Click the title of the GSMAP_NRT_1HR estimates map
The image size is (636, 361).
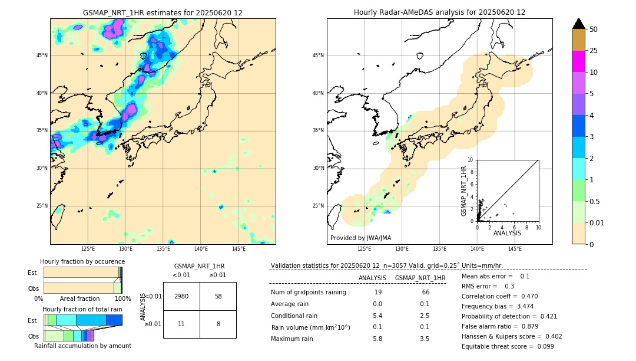(x=163, y=12)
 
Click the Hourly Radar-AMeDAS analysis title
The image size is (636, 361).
(x=439, y=12)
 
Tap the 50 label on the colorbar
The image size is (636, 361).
(x=594, y=29)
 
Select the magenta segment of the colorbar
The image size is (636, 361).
(x=578, y=61)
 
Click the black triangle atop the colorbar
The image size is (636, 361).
(x=578, y=24)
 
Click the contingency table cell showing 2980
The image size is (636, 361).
(x=181, y=296)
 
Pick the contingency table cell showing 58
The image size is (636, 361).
(x=218, y=296)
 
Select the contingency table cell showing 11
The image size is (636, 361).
(x=181, y=324)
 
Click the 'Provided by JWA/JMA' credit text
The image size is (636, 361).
(x=360, y=238)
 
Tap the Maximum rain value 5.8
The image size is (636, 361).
(x=377, y=339)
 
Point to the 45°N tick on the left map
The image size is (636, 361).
(x=42, y=55)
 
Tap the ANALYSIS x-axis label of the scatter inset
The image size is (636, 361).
(x=507, y=233)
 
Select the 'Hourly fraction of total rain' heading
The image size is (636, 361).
(x=82, y=309)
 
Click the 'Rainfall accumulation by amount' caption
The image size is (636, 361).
(x=82, y=346)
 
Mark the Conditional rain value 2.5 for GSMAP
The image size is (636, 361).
(x=424, y=316)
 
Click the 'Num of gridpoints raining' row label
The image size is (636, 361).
(x=308, y=293)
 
